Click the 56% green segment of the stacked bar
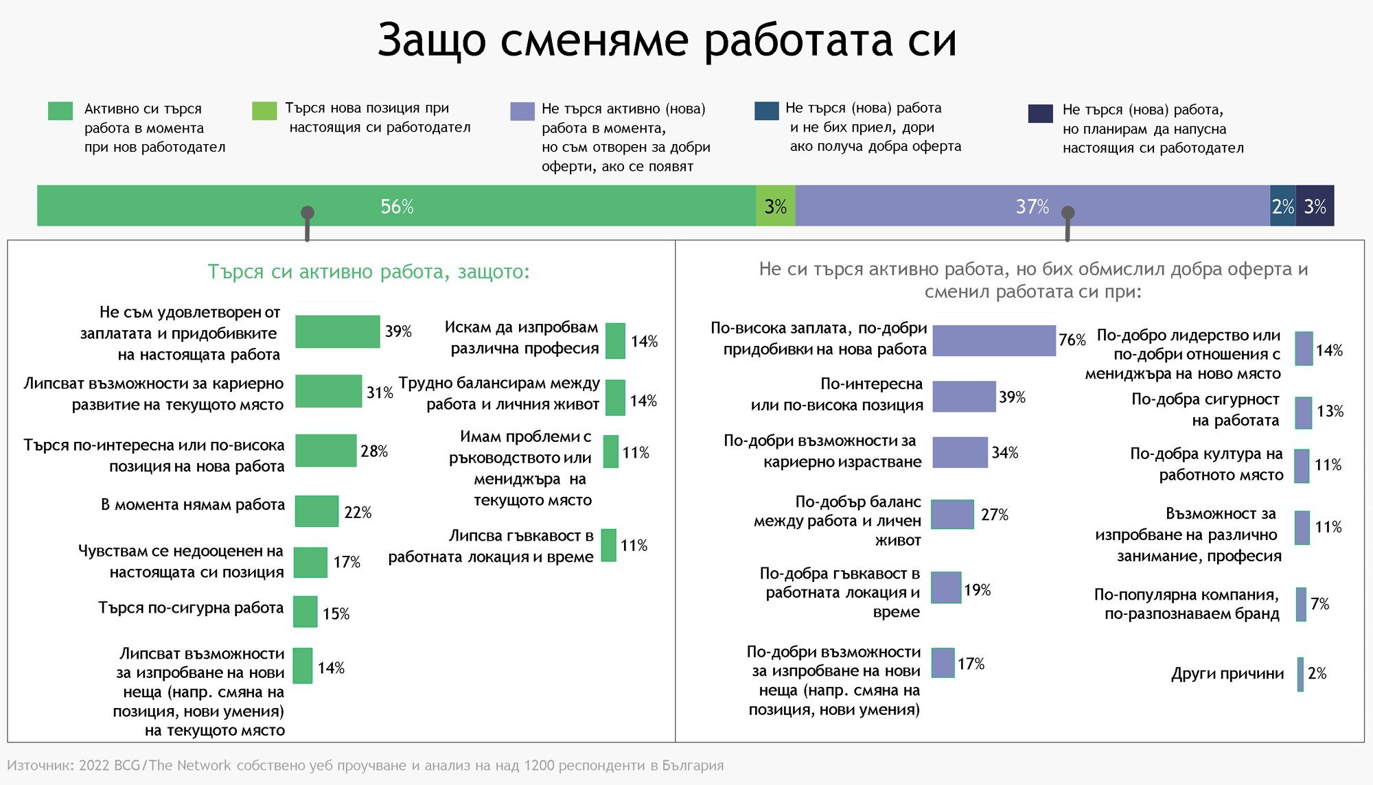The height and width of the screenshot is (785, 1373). click(x=397, y=205)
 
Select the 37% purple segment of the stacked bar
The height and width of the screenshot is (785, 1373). click(x=1032, y=205)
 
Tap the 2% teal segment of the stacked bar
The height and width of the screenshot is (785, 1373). click(x=1283, y=205)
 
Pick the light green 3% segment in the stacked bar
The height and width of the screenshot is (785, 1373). click(x=776, y=205)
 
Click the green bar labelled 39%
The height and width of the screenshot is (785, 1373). click(x=337, y=331)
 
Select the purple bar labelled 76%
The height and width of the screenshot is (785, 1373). click(x=994, y=340)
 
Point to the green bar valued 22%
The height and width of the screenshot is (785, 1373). click(x=316, y=511)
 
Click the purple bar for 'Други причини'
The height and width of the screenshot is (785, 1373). click(x=1300, y=674)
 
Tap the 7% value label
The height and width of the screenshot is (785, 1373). click(x=1319, y=604)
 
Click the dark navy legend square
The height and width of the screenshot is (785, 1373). click(x=1040, y=113)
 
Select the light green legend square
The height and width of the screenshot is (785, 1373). click(x=264, y=110)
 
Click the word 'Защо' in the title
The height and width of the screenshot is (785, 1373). click(x=432, y=40)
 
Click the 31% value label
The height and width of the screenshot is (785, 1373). click(x=380, y=392)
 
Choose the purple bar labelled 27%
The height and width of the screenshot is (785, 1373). click(x=953, y=514)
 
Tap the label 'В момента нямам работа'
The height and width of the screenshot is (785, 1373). click(x=193, y=504)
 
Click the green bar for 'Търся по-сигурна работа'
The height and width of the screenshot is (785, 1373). click(x=305, y=611)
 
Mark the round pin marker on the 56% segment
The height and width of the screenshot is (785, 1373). click(x=308, y=213)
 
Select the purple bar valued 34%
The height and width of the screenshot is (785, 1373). click(x=960, y=452)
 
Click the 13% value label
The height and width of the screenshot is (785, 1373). click(x=1330, y=411)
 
